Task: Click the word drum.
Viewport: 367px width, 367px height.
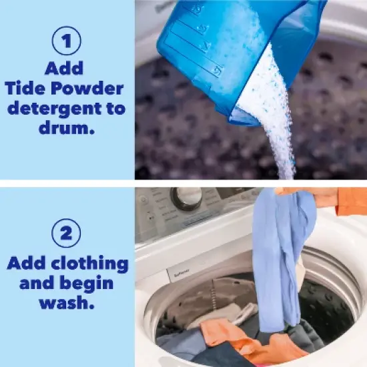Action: tap(65, 128)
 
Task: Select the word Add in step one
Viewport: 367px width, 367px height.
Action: tap(65, 68)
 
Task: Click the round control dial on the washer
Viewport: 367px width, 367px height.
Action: tap(188, 197)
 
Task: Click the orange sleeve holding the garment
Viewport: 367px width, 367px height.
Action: tap(350, 200)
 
